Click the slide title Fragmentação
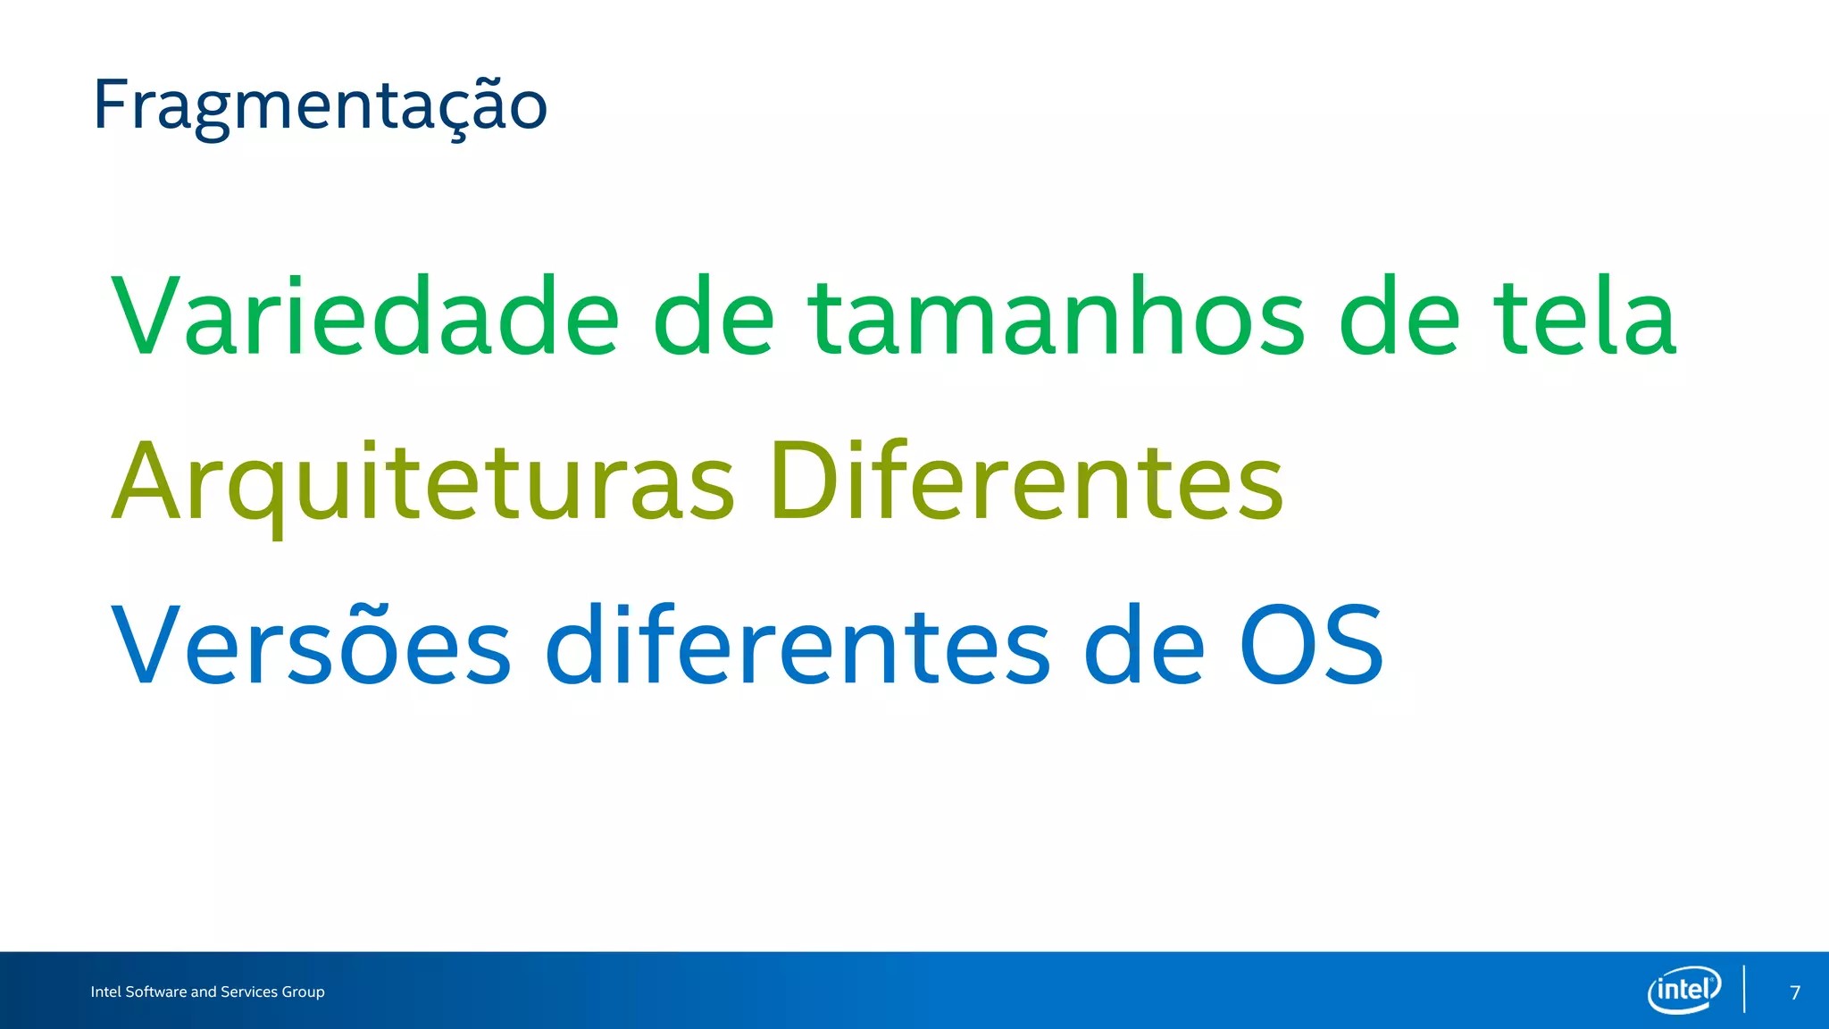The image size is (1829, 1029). [320, 105]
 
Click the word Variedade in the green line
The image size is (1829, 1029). [364, 317]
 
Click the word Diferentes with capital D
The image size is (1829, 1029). [1025, 482]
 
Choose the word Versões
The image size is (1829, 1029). [311, 645]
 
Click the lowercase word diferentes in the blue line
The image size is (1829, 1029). [798, 645]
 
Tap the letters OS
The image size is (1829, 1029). [1310, 645]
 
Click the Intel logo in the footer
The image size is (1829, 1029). [1683, 990]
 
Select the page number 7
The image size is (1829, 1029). [1795, 992]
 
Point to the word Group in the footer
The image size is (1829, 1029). [303, 992]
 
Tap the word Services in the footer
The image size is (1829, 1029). [249, 991]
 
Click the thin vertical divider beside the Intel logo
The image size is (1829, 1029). [1744, 989]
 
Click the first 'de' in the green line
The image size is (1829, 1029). [714, 317]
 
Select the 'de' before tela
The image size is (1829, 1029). [1399, 317]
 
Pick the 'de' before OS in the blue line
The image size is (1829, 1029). [1144, 645]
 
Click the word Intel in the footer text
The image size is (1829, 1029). [105, 991]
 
